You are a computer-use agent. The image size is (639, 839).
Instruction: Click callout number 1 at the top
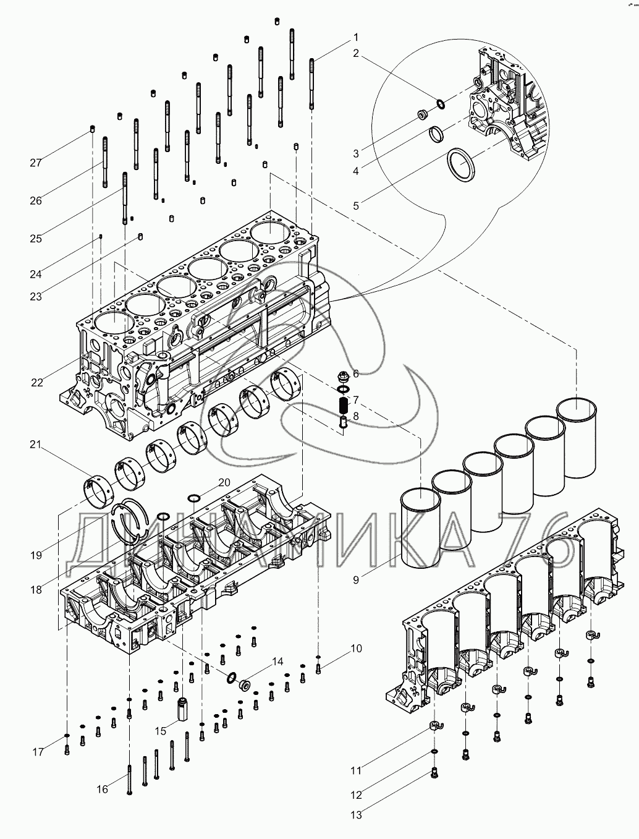pos(355,36)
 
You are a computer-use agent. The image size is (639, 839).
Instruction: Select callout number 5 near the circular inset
pos(356,205)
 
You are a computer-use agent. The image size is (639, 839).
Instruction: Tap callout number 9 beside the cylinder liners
pos(356,580)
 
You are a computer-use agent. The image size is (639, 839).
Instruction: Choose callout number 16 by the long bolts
pos(103,788)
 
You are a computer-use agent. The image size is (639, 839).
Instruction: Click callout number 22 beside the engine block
pos(37,382)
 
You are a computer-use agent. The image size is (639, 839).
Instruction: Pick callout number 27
pos(35,163)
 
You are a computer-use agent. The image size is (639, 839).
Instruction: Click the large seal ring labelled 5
pos(460,166)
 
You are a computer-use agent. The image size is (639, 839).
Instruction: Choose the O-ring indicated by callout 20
pos(193,498)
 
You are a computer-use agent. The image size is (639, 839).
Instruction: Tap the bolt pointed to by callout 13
pos(434,773)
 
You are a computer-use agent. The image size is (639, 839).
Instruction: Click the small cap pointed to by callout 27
pos(93,129)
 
